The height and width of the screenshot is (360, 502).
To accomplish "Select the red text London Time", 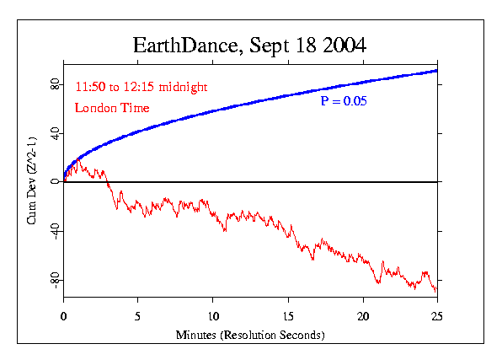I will point(112,107).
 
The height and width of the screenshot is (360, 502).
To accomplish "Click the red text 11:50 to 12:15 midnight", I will point(141,87).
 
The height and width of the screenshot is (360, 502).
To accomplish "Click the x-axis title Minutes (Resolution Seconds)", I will point(250,335).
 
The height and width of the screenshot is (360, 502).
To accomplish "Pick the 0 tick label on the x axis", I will point(64,317).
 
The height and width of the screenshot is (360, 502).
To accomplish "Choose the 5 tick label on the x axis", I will point(138,317).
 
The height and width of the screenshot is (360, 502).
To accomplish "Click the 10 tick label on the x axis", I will point(213,317).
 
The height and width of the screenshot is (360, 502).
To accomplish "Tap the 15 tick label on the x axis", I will point(288,317).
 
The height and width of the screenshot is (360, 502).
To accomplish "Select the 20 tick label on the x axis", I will point(363,317).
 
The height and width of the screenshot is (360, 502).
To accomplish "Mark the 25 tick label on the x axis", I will point(437,317).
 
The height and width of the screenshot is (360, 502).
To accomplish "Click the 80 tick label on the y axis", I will point(54,84).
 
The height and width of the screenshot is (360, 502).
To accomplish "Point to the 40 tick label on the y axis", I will point(54,133).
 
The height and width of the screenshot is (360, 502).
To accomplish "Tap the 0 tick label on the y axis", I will point(54,182).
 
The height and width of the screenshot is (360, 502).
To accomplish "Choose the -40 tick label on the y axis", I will point(54,232).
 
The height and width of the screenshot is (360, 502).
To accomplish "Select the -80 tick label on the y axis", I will point(54,281).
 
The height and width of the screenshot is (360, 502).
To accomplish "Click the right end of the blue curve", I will point(437,70).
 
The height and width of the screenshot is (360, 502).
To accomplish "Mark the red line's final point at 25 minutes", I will point(437,292).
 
